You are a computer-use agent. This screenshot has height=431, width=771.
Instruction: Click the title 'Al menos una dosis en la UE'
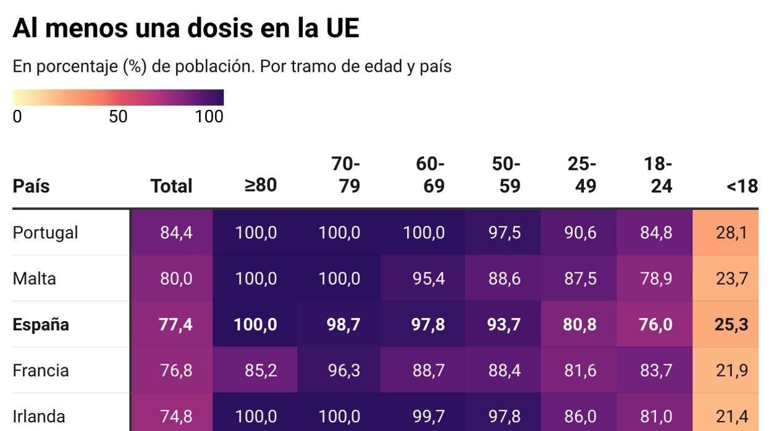tap(185, 28)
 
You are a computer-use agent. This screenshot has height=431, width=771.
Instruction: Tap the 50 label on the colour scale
tap(118, 116)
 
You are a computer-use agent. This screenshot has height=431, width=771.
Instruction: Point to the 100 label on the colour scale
tap(209, 116)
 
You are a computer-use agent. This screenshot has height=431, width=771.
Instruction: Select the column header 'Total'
tap(171, 186)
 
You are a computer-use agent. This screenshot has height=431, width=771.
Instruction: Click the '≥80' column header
tap(260, 185)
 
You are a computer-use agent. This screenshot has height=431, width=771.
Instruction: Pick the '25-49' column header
tap(582, 175)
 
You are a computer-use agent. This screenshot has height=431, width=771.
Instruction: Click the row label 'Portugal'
tap(45, 233)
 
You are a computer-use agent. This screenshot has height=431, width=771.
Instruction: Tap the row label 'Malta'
tap(34, 278)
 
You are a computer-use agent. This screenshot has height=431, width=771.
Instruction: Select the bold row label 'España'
tap(41, 325)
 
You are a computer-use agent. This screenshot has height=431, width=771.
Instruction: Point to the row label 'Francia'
tap(40, 370)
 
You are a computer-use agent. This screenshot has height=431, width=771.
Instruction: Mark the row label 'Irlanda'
tap(38, 416)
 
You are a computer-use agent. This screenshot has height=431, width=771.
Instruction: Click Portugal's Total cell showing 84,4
tap(176, 233)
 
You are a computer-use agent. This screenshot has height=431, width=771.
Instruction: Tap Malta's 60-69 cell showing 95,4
tap(428, 278)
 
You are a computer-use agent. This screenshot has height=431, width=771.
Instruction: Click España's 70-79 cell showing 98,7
tap(343, 325)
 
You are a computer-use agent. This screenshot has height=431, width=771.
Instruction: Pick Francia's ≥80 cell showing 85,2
tap(260, 370)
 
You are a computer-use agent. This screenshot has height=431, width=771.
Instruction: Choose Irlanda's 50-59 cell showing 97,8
tap(504, 416)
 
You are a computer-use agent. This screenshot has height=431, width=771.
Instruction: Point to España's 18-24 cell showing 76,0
tap(656, 325)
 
